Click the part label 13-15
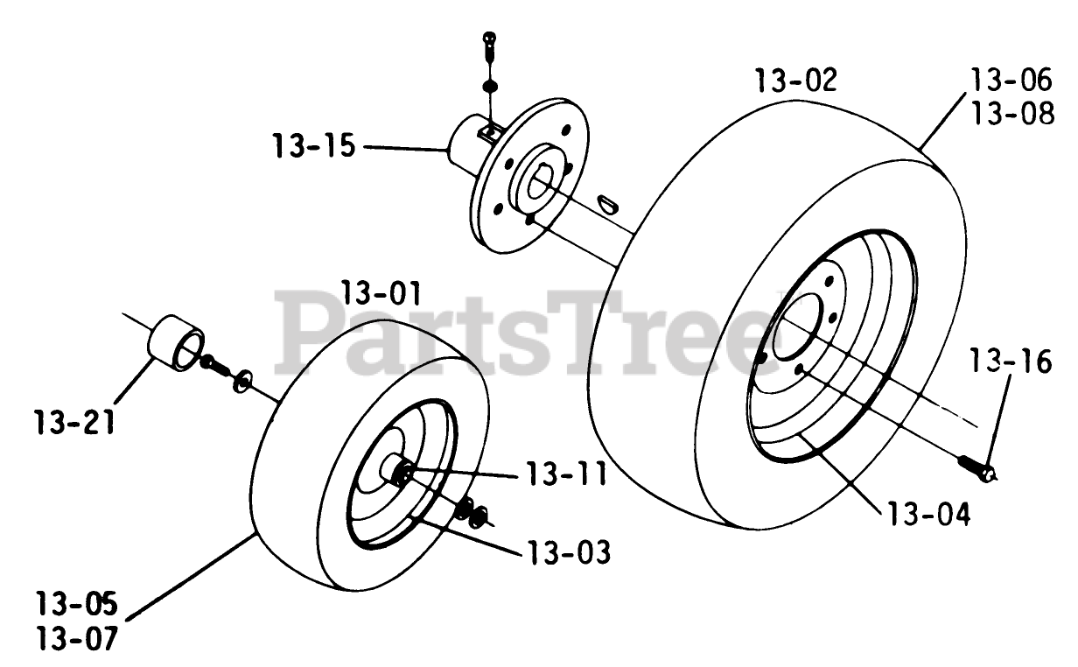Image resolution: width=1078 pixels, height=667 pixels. tap(313, 146)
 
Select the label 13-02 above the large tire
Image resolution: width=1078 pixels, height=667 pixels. tap(795, 81)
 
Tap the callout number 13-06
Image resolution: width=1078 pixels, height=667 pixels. tap(1011, 81)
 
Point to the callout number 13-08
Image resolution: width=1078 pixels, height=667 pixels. tap(1011, 114)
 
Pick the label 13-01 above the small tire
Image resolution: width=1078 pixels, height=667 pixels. tap(382, 291)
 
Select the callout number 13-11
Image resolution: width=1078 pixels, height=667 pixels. tap(566, 474)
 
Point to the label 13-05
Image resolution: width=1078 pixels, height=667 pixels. tap(77, 605)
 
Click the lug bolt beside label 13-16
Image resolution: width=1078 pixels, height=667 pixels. tap(976, 467)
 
